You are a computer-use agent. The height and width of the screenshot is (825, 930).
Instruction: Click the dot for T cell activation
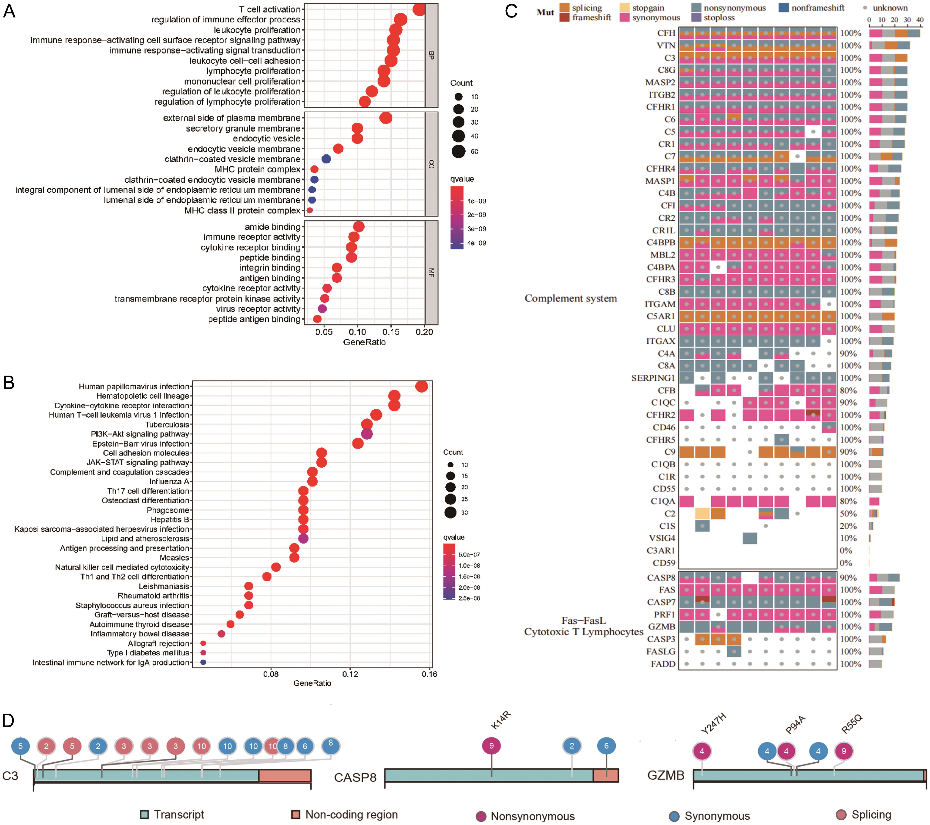(419, 9)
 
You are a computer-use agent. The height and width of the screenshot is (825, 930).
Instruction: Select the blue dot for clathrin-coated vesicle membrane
(326, 159)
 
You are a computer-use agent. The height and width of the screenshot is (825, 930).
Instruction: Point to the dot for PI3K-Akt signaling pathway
(367, 434)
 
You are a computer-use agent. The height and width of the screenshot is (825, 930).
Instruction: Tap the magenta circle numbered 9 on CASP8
(491, 746)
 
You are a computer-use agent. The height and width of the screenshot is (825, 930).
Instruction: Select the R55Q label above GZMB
(851, 724)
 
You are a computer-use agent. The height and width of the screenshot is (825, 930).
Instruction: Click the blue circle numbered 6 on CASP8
(606, 746)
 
